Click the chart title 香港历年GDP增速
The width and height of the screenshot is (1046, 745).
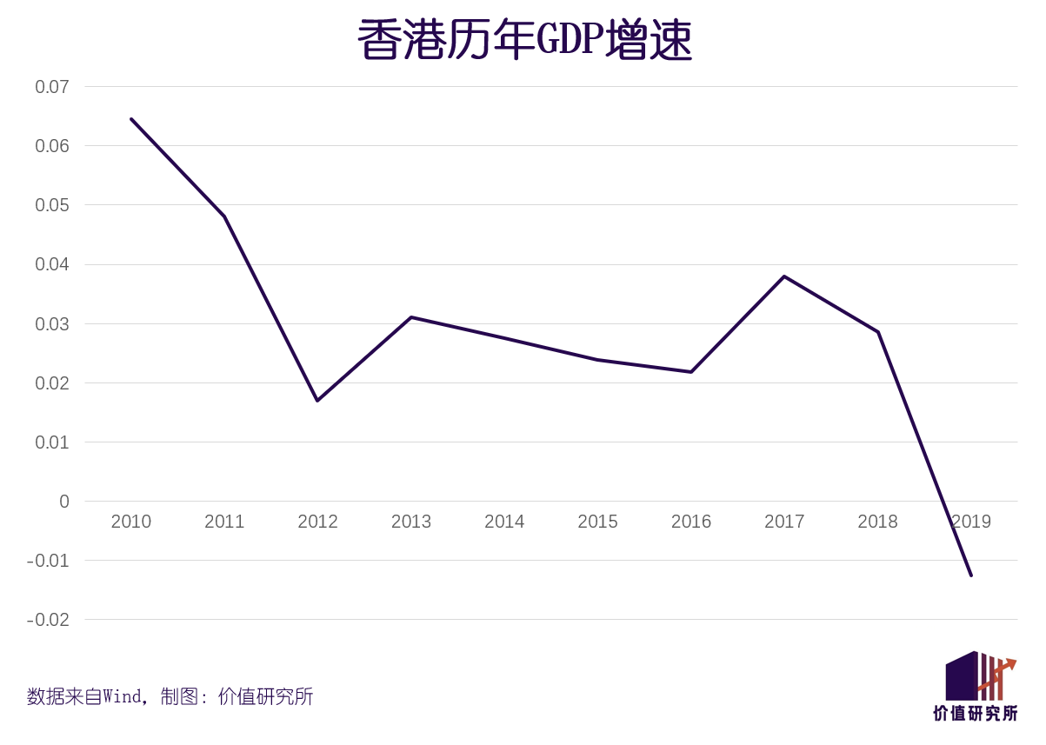click(524, 40)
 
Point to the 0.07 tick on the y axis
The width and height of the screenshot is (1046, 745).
click(51, 87)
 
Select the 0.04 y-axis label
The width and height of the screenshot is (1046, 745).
click(51, 264)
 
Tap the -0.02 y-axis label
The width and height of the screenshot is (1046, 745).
click(48, 620)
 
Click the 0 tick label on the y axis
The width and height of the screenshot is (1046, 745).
click(63, 502)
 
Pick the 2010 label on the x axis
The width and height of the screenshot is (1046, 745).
click(131, 522)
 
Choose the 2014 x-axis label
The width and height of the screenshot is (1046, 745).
click(504, 522)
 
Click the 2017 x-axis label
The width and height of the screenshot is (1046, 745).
click(784, 522)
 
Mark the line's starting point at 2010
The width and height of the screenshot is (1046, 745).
click(131, 119)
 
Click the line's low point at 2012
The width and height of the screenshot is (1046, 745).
click(317, 400)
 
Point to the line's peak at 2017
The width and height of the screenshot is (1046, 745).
click(784, 276)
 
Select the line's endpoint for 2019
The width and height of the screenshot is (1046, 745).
click(971, 575)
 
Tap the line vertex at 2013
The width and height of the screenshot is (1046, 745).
click(411, 317)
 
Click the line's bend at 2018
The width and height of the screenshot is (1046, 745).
click(878, 332)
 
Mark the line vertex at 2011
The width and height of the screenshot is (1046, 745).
click(224, 216)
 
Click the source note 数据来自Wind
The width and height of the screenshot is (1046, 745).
click(84, 696)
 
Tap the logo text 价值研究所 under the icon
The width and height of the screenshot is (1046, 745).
click(976, 714)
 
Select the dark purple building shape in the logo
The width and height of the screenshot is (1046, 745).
click(961, 677)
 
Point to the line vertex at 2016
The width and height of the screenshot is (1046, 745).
click(691, 372)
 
